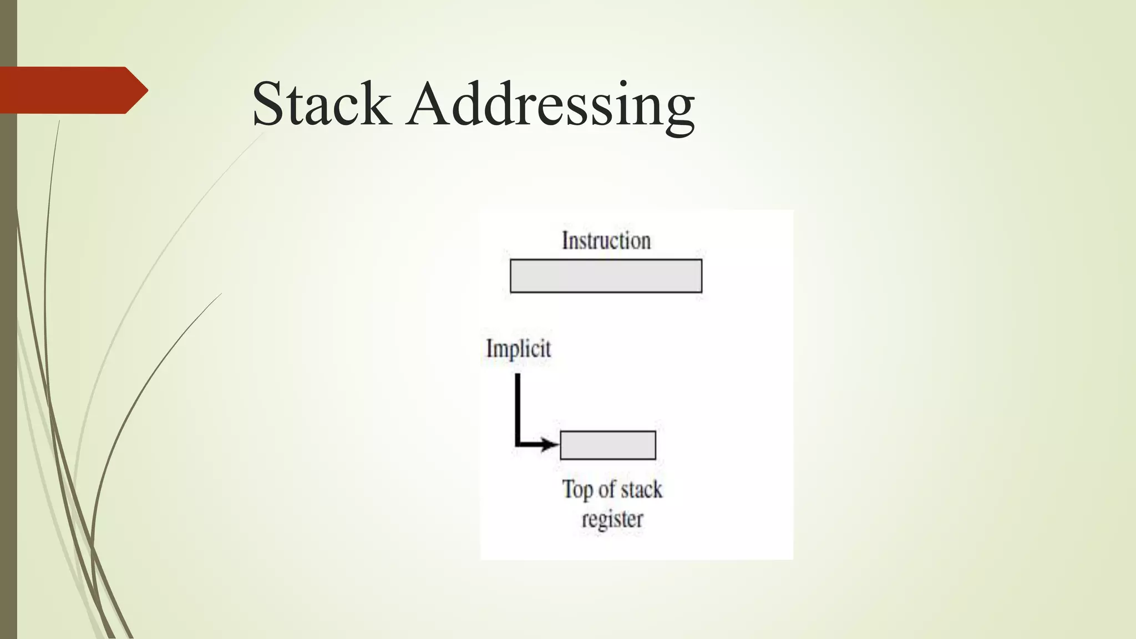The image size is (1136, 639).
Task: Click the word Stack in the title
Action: (x=321, y=104)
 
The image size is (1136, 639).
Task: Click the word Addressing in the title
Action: (x=550, y=105)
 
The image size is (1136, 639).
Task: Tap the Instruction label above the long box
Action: (x=606, y=241)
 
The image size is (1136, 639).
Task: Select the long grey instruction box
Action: (x=606, y=276)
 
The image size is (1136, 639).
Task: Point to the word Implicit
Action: (x=519, y=349)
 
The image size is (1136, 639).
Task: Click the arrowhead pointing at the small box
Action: (x=552, y=444)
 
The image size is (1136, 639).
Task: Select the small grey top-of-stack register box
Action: (x=608, y=445)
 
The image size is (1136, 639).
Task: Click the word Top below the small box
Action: (x=577, y=490)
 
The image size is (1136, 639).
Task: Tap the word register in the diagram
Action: (x=612, y=519)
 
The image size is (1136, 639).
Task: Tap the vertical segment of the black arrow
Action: (x=518, y=408)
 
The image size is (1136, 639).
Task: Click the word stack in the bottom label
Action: (x=641, y=489)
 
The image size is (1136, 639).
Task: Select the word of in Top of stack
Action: (x=606, y=489)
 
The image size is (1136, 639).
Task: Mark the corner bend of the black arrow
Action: (x=518, y=444)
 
